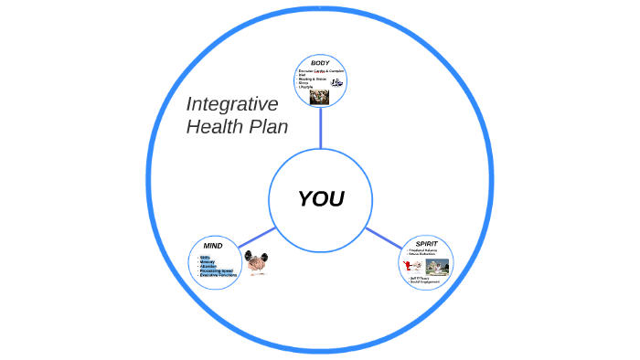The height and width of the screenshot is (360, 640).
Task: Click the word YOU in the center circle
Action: point(320,199)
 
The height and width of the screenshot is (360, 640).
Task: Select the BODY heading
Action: point(320,62)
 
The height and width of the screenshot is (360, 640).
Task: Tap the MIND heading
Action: point(213,246)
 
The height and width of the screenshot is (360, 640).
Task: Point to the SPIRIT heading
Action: point(426,244)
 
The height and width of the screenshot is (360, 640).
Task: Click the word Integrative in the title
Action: point(232,104)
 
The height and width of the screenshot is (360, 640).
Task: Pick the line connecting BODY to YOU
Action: point(320,128)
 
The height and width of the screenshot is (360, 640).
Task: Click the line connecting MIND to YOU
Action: point(256,236)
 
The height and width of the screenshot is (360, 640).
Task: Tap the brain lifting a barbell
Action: point(256,264)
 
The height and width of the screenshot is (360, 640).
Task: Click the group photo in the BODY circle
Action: point(320,95)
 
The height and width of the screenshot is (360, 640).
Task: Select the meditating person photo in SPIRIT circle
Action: point(436,266)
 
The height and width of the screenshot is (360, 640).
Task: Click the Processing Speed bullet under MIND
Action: point(218,270)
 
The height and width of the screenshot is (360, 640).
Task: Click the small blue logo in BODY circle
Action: point(336,82)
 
